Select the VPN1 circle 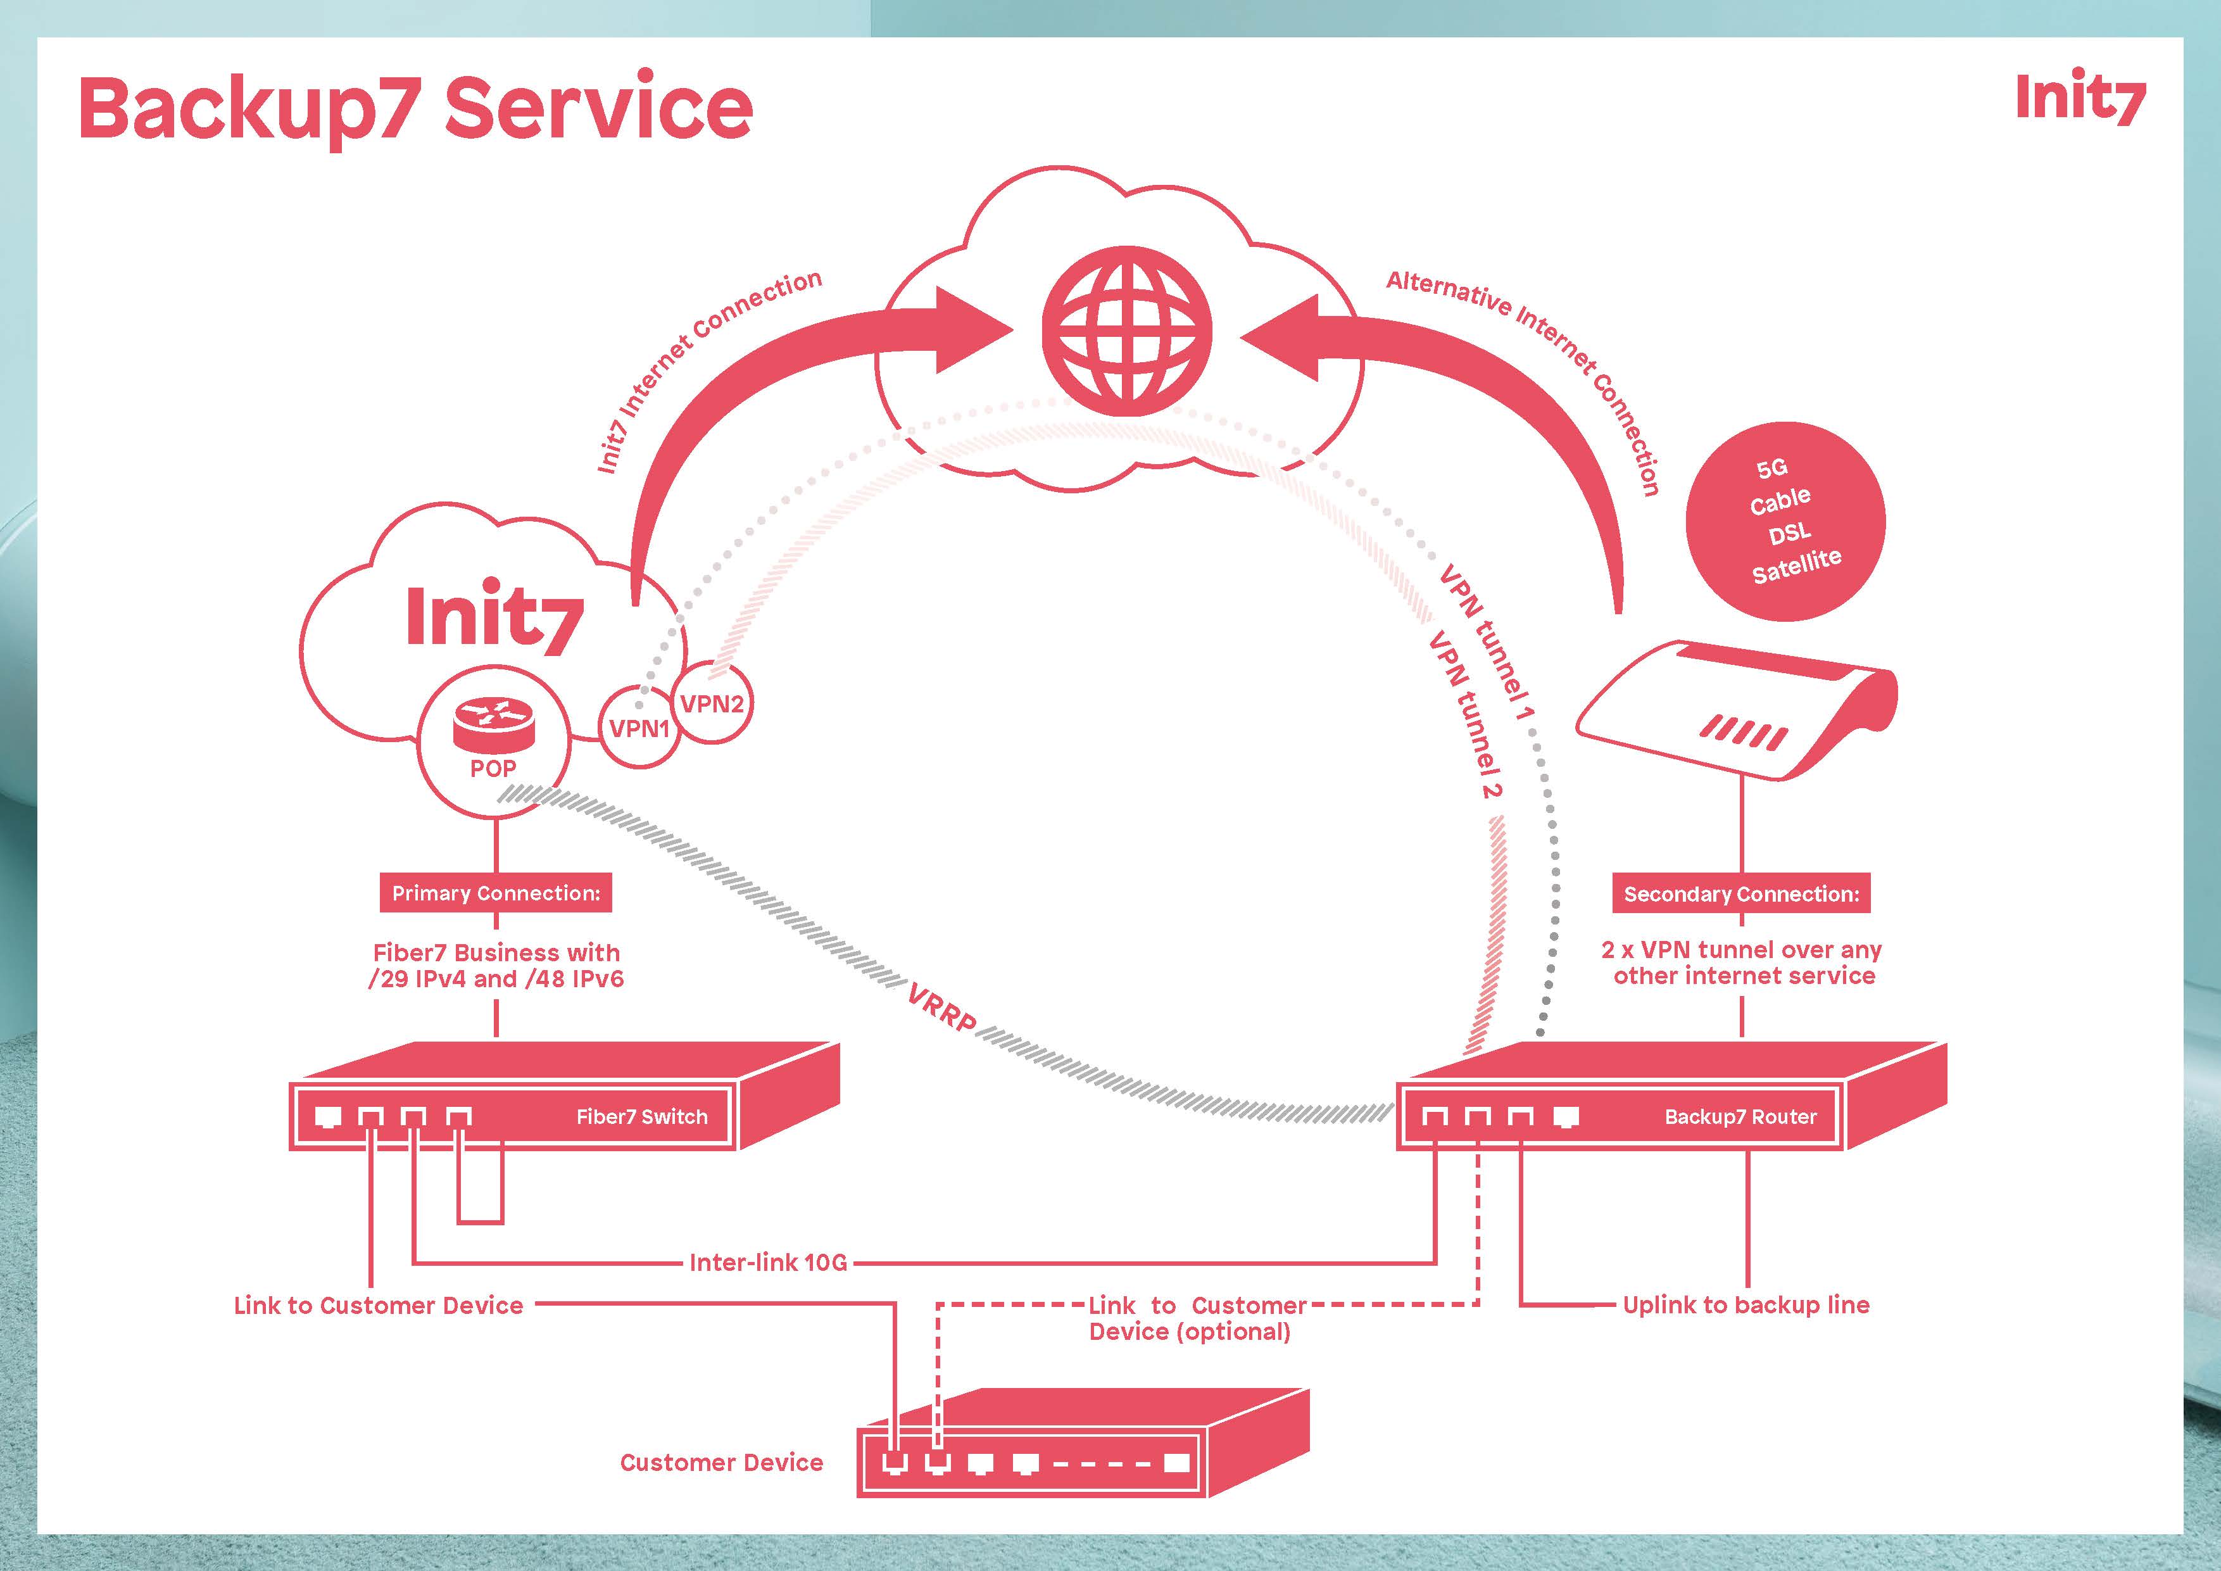click(x=639, y=728)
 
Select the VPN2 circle click(x=713, y=704)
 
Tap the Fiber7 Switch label click(x=641, y=1116)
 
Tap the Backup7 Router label click(x=1740, y=1116)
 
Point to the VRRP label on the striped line click(x=941, y=1009)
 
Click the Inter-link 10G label click(x=768, y=1263)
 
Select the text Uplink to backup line click(x=1746, y=1305)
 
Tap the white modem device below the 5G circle click(x=1737, y=711)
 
